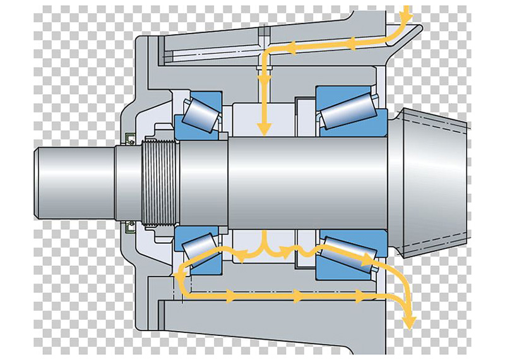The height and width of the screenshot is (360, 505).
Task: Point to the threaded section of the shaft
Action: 158,183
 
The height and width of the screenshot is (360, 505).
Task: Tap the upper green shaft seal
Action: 129,138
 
